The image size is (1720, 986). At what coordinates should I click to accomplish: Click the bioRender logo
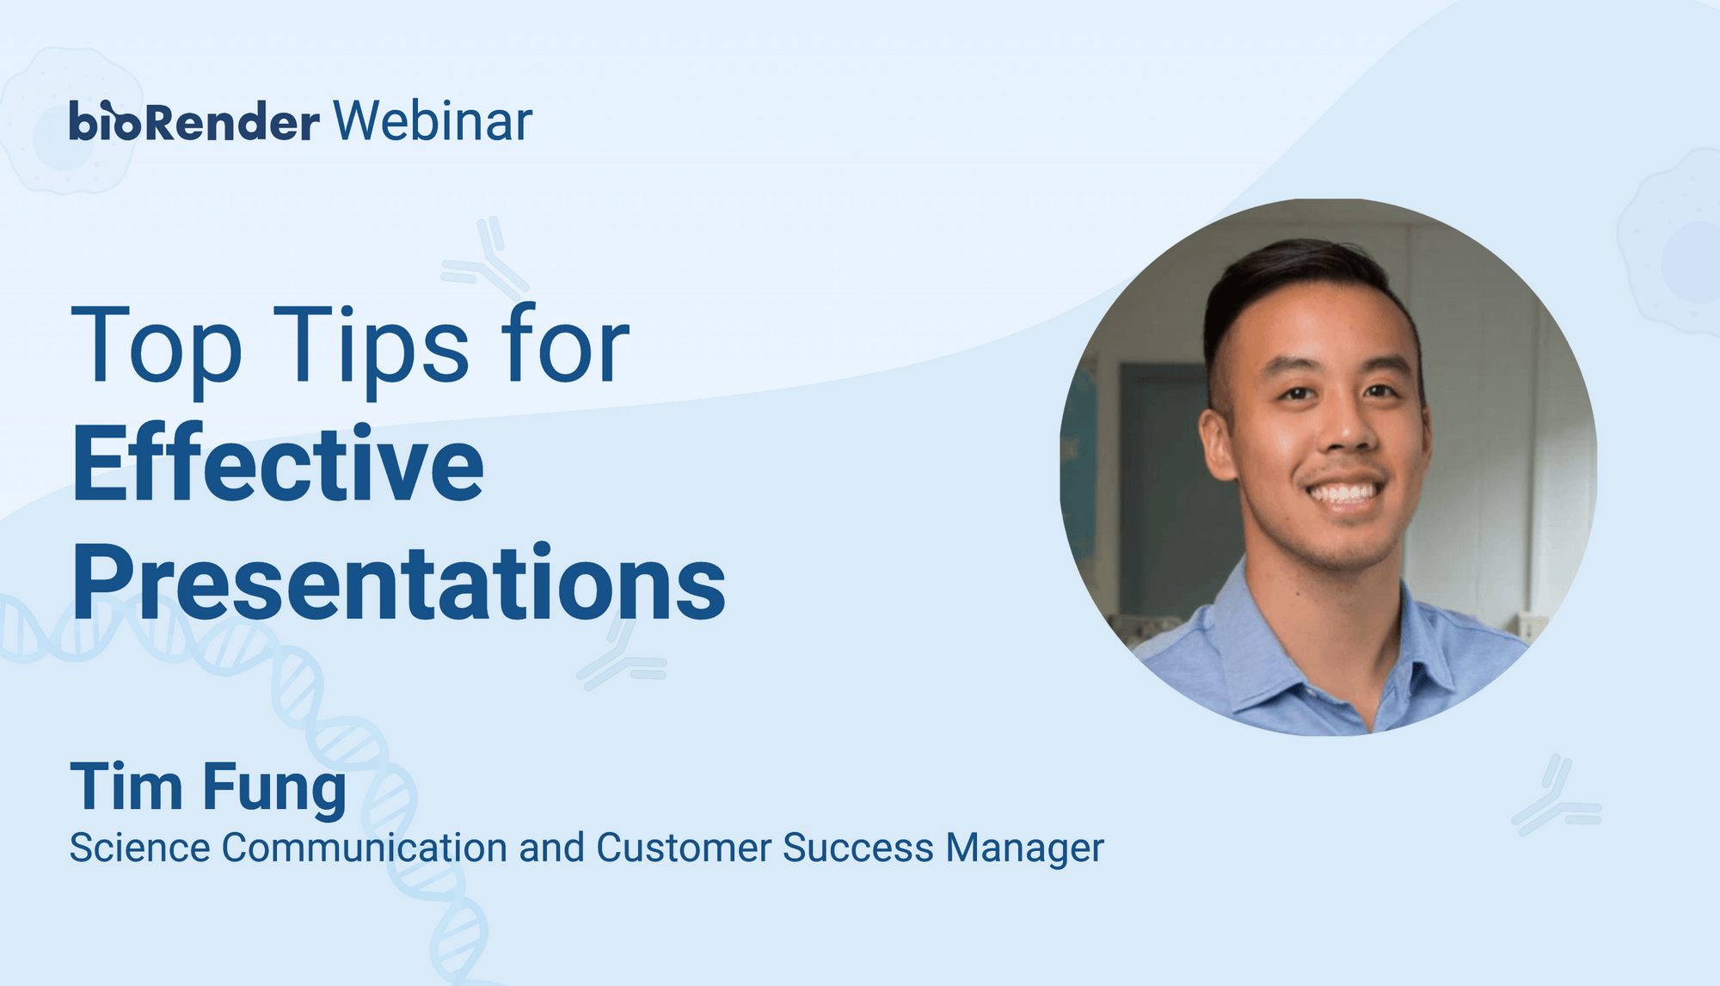(x=194, y=121)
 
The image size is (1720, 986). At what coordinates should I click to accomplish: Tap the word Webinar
(x=433, y=121)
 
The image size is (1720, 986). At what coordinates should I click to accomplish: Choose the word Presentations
(x=399, y=582)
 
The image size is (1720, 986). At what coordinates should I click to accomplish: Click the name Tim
(x=126, y=786)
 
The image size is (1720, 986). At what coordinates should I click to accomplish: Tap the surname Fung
(x=275, y=789)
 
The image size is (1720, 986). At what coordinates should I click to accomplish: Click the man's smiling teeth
(x=1345, y=493)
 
